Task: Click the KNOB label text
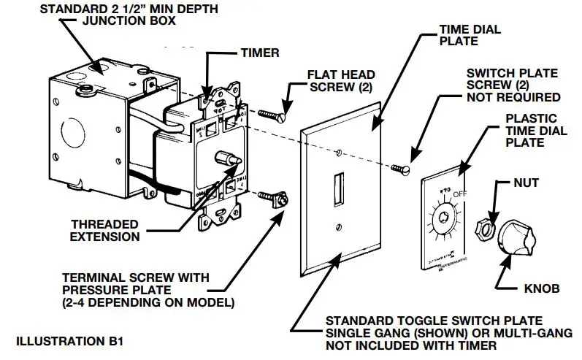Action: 541,288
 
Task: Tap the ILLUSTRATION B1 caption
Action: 62,340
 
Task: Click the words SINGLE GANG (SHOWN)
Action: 386,333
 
